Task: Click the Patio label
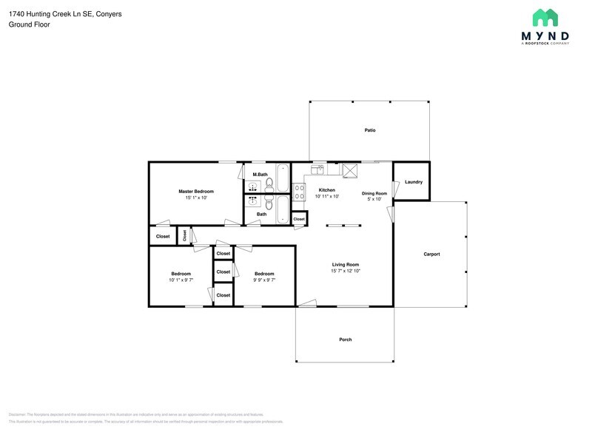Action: point(369,130)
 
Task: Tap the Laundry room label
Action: point(414,181)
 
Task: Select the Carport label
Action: point(431,254)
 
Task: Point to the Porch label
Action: point(345,340)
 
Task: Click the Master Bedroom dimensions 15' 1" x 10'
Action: point(196,198)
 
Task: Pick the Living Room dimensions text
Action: point(345,271)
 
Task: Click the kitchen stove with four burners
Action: point(300,192)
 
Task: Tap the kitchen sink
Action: point(317,169)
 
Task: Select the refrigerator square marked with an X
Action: point(350,170)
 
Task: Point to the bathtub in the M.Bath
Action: point(283,178)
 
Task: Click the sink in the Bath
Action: point(253,200)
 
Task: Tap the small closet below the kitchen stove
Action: point(299,219)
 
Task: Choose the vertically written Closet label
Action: point(184,235)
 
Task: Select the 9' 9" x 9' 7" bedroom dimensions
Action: point(264,280)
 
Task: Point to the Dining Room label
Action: point(374,193)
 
